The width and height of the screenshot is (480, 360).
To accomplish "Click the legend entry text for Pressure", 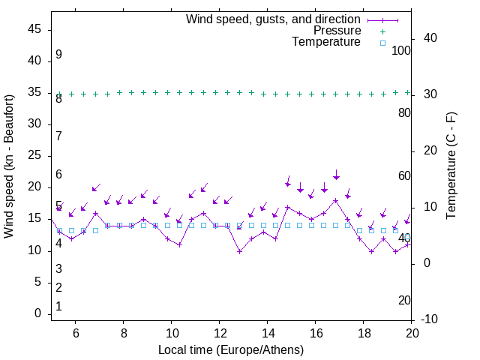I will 337,31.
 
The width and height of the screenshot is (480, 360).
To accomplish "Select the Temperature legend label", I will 326,43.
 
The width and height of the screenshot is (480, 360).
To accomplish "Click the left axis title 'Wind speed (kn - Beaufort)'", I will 9,166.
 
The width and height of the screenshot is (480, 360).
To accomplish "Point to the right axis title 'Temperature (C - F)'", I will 451,166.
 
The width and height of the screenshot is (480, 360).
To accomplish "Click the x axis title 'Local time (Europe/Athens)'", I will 231,350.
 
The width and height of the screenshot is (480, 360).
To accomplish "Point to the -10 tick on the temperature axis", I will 431,319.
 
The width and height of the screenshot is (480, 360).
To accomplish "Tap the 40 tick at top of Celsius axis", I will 431,38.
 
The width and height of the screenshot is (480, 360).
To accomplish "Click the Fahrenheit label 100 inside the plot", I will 402,51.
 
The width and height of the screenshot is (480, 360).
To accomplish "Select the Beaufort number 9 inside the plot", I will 58,55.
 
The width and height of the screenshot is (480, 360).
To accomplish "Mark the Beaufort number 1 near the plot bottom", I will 58,307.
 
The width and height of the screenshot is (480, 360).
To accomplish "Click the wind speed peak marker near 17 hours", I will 335,200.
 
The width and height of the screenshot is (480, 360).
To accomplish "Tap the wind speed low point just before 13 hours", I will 239,251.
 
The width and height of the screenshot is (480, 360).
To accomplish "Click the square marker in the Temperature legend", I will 382,43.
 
